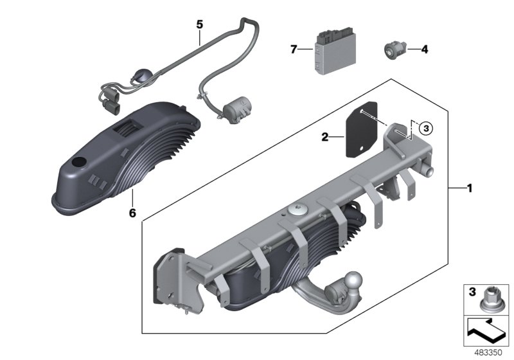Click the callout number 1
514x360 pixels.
[x=470, y=188]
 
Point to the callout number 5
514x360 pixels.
[x=199, y=24]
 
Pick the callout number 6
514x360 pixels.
[x=132, y=212]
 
